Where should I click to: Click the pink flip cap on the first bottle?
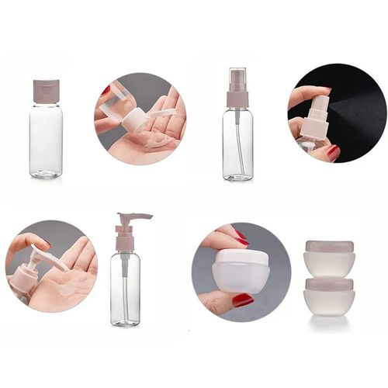[x=46, y=90]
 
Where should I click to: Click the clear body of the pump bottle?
[x=125, y=287]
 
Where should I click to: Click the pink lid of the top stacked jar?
[x=329, y=247]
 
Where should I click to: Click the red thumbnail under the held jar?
[x=242, y=300]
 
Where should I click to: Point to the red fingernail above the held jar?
[x=240, y=235]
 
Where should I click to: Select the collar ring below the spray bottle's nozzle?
[x=237, y=99]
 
